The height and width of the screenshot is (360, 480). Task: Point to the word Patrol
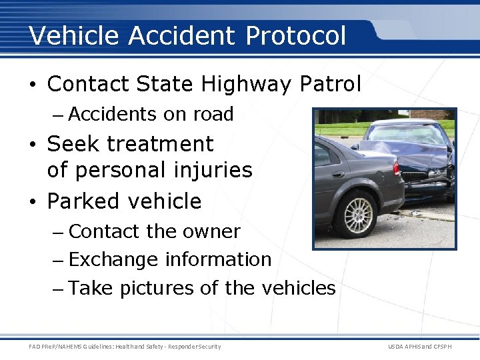(x=332, y=85)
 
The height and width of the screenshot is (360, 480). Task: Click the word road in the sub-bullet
(x=213, y=115)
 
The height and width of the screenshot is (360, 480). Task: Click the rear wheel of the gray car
(x=359, y=214)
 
